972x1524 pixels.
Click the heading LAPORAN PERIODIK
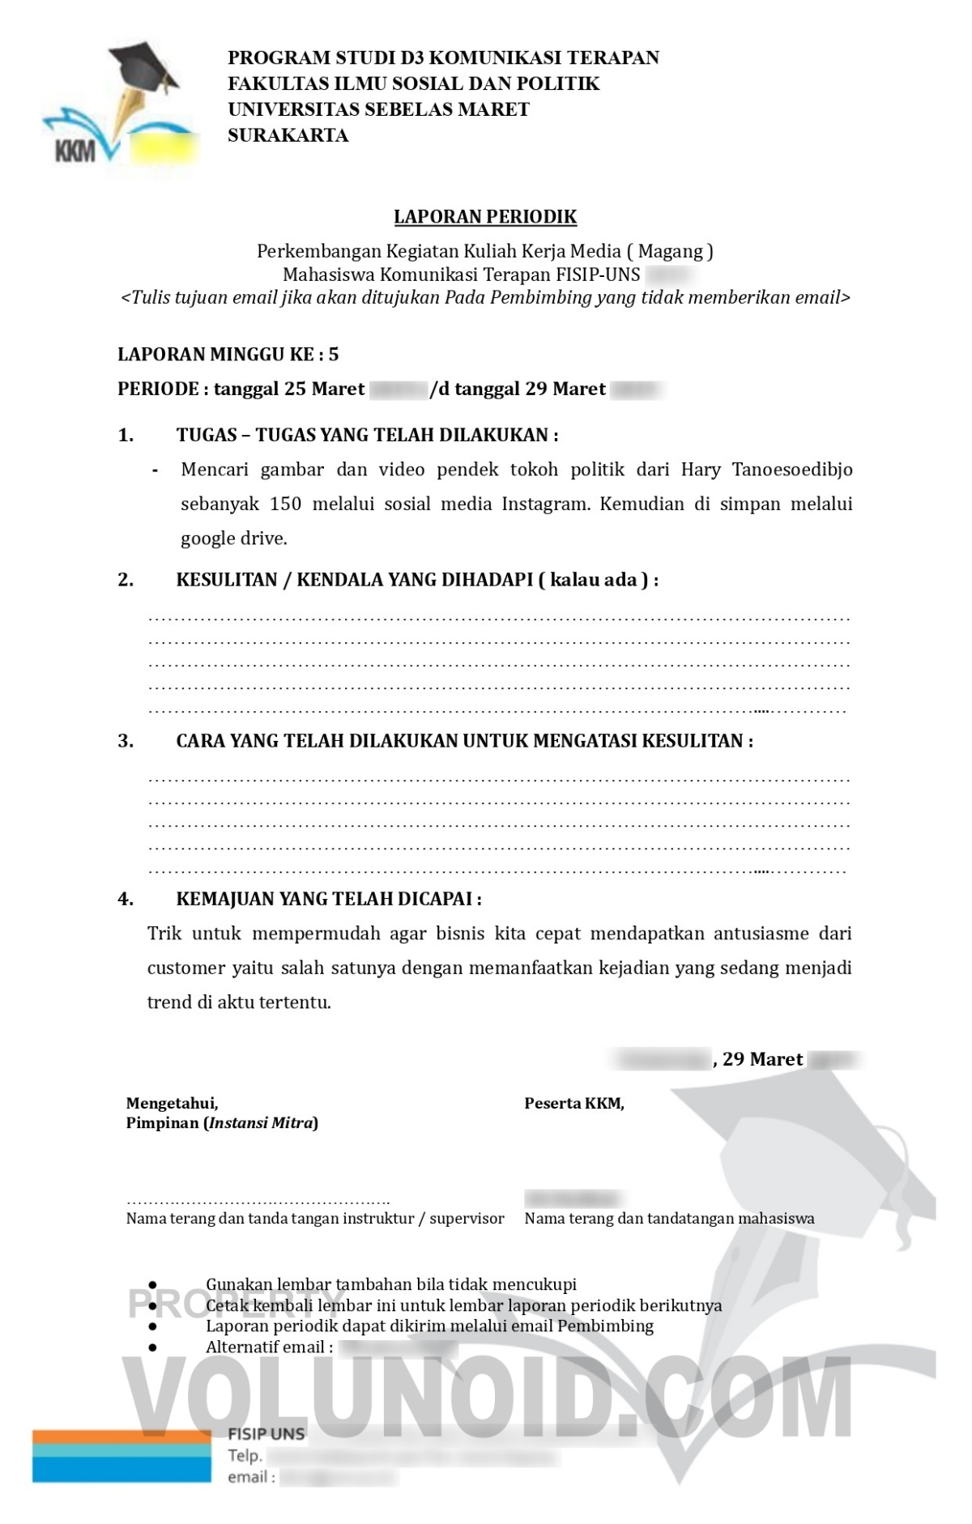point(485,217)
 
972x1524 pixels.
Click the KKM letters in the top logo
point(75,151)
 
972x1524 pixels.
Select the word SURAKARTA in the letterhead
point(288,135)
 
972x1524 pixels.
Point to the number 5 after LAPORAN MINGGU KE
point(334,354)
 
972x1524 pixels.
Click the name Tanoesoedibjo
point(792,470)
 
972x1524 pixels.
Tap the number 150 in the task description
point(285,504)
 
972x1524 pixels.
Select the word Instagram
point(548,504)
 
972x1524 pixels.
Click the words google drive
point(233,539)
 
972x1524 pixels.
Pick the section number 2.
point(126,580)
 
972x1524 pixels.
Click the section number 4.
point(126,899)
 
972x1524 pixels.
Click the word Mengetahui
point(172,1103)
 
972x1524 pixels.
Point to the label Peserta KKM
point(573,1103)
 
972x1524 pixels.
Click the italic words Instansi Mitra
point(261,1123)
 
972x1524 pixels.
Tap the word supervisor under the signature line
point(467,1219)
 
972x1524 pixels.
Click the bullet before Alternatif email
point(152,1347)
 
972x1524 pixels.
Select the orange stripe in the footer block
point(122,1437)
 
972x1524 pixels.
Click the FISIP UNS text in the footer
point(266,1434)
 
